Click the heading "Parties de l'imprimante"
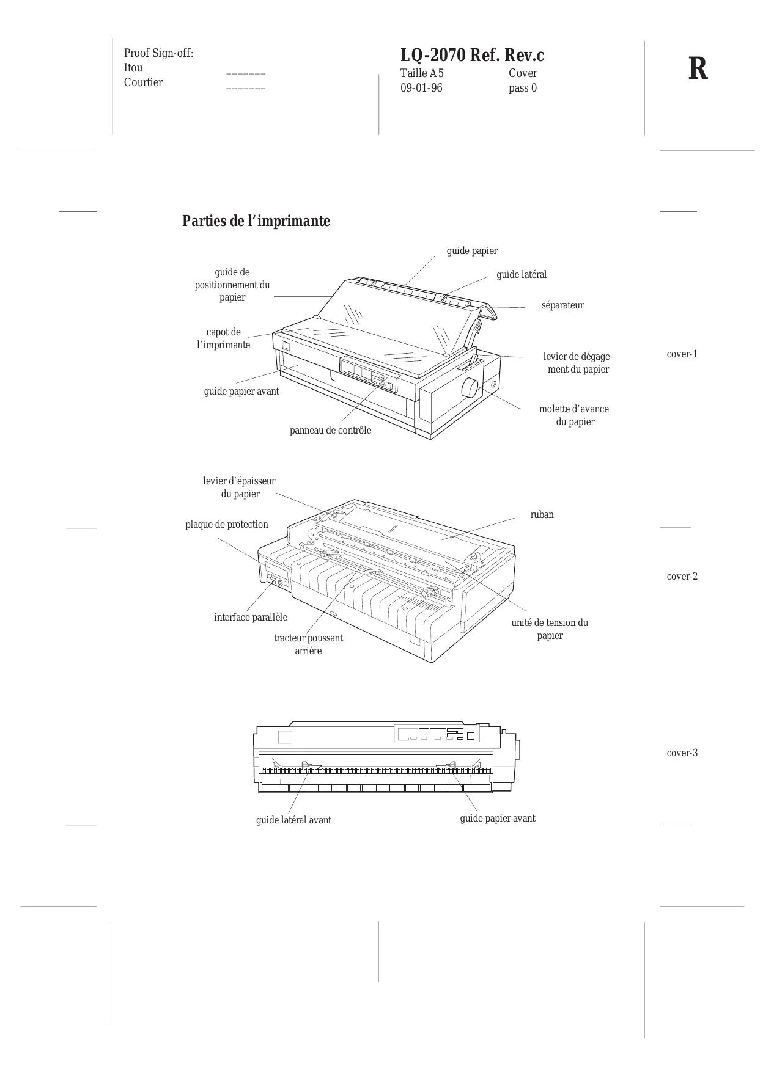point(256,221)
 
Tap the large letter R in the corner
point(698,69)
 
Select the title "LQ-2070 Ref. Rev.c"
point(472,56)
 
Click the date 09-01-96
point(421,88)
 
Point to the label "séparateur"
point(562,305)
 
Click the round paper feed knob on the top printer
point(470,388)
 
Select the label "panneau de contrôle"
point(330,431)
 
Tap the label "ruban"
point(542,515)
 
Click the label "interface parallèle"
point(251,618)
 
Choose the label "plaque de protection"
point(227,525)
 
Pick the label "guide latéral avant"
point(293,820)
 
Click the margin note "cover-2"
point(682,577)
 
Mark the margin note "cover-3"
point(682,753)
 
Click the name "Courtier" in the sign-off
point(144,82)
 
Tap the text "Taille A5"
point(422,73)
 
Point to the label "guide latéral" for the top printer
point(522,275)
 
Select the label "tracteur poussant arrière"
point(308,644)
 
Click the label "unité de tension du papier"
point(550,629)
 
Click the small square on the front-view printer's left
point(285,737)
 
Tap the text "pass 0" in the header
point(523,88)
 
